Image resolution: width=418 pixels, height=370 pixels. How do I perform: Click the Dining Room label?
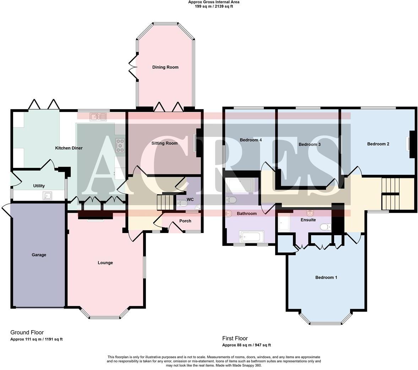pyautogui.click(x=165, y=67)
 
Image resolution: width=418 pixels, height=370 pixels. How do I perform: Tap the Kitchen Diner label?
pyautogui.click(x=69, y=148)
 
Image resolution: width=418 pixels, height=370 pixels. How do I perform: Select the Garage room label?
pyautogui.click(x=39, y=255)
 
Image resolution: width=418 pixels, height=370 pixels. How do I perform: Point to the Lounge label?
pyautogui.click(x=105, y=263)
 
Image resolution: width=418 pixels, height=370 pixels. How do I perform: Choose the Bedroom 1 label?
pyautogui.click(x=326, y=277)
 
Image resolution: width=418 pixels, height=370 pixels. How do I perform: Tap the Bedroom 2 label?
pyautogui.click(x=378, y=144)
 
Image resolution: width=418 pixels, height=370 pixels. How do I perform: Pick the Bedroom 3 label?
pyautogui.click(x=309, y=144)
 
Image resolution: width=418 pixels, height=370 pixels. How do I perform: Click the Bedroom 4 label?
pyautogui.click(x=251, y=140)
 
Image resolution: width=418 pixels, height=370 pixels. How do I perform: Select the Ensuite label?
pyautogui.click(x=308, y=220)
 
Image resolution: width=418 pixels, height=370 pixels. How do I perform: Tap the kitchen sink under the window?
pyautogui.click(x=98, y=117)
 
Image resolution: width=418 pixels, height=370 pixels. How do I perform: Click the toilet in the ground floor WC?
pyautogui.click(x=181, y=203)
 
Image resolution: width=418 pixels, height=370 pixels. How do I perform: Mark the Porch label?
pyautogui.click(x=185, y=221)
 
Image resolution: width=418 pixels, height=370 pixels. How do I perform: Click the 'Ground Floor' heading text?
pyautogui.click(x=27, y=332)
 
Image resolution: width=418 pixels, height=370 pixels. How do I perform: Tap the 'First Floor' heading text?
pyautogui.click(x=235, y=338)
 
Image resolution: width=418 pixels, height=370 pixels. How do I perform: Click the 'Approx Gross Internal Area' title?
pyautogui.click(x=213, y=2)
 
